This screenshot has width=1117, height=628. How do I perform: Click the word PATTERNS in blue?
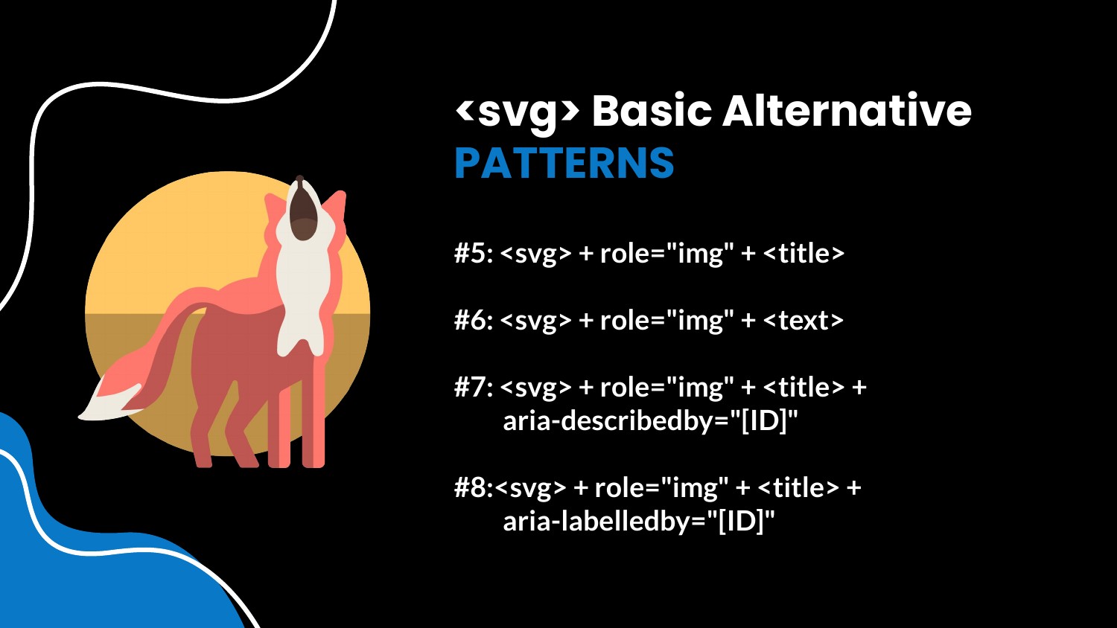coord(564,162)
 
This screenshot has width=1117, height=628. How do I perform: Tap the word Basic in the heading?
coord(652,111)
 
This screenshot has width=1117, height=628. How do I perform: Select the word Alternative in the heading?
coord(847,111)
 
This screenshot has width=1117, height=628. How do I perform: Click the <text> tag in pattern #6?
coord(803,321)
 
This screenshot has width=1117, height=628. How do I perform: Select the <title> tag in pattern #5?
coord(803,253)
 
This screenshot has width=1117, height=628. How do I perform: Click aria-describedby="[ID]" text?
coord(650,422)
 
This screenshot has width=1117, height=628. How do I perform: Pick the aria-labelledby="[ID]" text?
coord(639,522)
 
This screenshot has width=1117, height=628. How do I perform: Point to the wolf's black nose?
coord(299,179)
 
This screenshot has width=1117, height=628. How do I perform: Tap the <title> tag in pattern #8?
coord(798,487)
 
